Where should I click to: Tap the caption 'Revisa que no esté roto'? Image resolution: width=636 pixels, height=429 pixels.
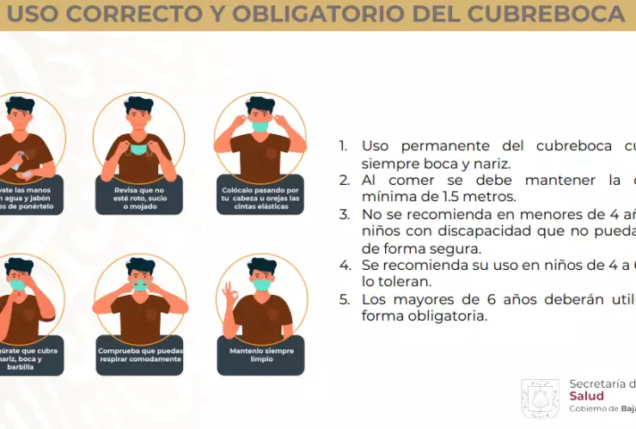coord(139,195)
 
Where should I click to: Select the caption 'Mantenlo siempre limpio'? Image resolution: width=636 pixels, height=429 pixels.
coord(260,354)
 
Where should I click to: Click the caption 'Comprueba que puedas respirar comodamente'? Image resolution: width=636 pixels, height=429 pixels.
coord(139,354)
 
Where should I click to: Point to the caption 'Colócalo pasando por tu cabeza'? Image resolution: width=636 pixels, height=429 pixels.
coord(260,195)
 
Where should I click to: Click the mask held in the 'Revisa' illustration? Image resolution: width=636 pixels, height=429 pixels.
coord(138,149)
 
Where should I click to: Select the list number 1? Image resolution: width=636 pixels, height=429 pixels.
coord(344,146)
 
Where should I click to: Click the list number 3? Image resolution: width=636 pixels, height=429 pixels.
coord(344,215)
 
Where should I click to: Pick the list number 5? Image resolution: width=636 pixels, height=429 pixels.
coord(344,299)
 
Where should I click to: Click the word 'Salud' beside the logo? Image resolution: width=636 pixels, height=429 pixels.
coord(587,396)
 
